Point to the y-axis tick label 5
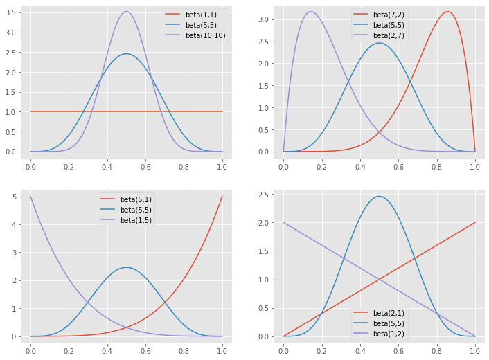(x=15, y=197)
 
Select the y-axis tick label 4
(x=15, y=224)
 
